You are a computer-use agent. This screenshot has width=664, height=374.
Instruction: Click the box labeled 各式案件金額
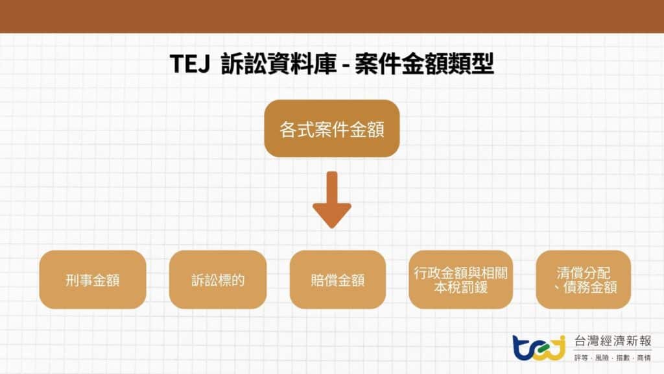[331, 129]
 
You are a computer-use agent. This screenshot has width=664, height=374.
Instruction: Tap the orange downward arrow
[331, 198]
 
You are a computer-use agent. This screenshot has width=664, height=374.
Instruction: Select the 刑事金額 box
[93, 280]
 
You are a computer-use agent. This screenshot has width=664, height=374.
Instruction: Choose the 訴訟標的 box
[218, 280]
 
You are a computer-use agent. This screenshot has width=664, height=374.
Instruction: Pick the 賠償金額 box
[337, 280]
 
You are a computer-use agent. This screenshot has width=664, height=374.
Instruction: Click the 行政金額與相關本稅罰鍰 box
[460, 280]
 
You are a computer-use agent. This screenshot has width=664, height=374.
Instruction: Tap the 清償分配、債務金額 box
[583, 280]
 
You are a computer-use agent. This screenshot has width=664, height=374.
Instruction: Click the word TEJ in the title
[190, 64]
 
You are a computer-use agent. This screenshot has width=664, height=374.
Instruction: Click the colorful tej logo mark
[538, 347]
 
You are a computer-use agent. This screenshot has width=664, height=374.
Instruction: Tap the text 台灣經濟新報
[613, 342]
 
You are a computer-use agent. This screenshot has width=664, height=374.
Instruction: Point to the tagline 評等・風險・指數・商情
[613, 358]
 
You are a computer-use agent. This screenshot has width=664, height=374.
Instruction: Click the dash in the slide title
[346, 65]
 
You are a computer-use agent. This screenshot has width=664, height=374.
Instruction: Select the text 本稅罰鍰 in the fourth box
[460, 287]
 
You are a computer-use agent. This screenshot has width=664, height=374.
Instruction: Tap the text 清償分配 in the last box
[583, 273]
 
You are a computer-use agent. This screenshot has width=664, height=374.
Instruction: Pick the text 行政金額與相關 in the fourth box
[460, 273]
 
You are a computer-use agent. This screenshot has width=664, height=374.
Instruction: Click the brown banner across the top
[332, 16]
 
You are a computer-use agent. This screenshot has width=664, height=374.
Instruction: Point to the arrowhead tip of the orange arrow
[331, 226]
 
